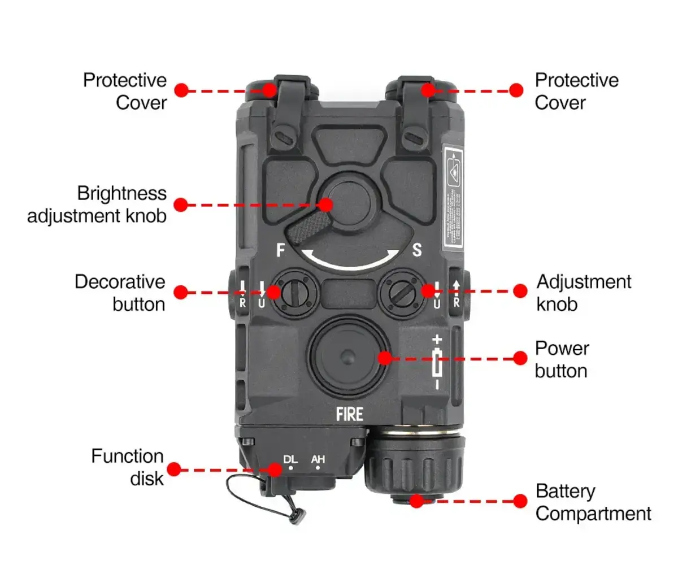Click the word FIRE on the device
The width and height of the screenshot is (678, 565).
[350, 414]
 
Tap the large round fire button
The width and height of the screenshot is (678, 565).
[349, 356]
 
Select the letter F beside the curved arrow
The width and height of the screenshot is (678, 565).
[281, 250]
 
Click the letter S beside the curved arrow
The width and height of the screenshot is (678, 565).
[417, 250]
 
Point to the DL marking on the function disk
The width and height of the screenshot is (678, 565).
[291, 459]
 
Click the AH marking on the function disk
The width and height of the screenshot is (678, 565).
[318, 459]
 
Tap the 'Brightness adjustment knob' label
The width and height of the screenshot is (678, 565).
[97, 205]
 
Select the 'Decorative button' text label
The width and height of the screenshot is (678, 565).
[120, 293]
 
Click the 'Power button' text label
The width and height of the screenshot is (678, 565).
[562, 359]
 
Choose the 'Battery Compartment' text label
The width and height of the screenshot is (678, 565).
[593, 502]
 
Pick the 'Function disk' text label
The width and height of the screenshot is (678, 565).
[128, 467]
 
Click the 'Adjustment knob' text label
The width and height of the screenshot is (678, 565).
[583, 293]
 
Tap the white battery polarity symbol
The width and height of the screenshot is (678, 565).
[437, 362]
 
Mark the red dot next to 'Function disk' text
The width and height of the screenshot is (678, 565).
[174, 469]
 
